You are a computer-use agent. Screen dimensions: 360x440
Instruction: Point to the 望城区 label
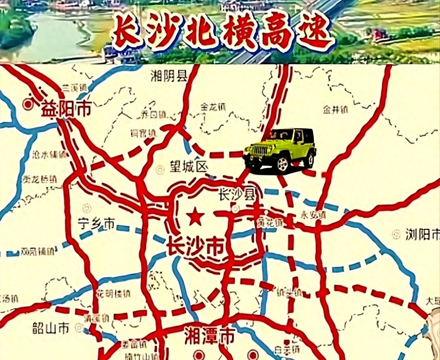189,167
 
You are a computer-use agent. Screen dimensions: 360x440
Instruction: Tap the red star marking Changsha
195,217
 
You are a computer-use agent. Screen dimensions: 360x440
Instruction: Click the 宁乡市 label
96,224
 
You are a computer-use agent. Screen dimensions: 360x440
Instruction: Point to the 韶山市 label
51,328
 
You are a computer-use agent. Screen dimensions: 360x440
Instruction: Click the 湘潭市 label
209,335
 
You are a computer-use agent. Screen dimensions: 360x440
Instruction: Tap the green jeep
280,150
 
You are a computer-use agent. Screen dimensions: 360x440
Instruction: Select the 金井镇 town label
335,110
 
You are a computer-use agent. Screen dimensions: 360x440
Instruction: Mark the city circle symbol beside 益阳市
27,104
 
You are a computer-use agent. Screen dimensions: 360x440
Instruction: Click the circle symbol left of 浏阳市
396,235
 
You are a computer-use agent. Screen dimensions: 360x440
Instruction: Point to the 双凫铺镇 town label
37,251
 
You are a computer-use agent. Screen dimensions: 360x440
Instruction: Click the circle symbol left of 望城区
160,169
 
